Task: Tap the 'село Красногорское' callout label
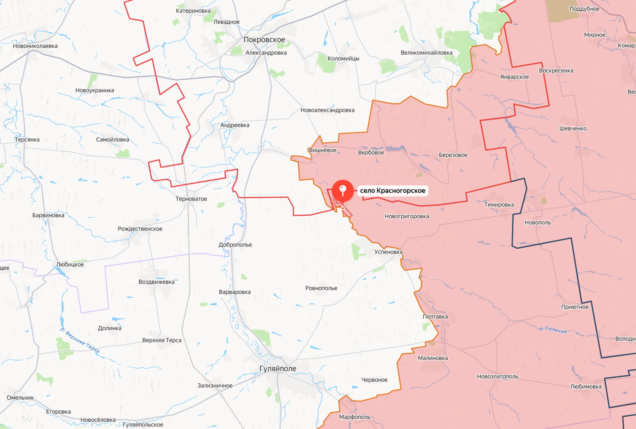click(393, 191)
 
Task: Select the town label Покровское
click(264, 40)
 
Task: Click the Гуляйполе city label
click(278, 369)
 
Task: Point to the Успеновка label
click(388, 252)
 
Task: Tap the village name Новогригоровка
click(406, 216)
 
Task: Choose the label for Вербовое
click(371, 153)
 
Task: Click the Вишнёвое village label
click(322, 150)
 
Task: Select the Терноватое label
click(191, 199)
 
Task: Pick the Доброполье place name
click(235, 245)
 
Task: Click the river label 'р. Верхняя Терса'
click(80, 340)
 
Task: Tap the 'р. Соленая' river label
click(553, 330)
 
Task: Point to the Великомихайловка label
click(426, 53)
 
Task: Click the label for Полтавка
click(435, 317)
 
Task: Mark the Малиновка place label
click(433, 358)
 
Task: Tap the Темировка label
click(499, 205)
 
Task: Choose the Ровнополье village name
click(321, 288)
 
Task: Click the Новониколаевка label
click(35, 46)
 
